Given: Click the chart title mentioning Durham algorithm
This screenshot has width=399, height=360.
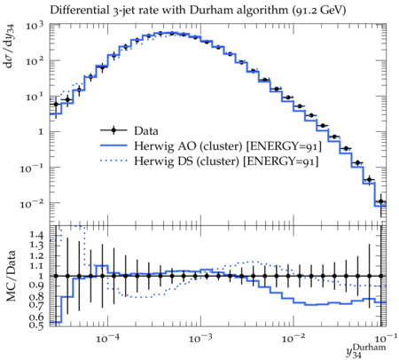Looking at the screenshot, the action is coord(198,11).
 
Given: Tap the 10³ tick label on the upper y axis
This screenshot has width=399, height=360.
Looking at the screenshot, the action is coord(35,26).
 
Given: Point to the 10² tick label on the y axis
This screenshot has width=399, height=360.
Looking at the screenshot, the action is coord(35,61).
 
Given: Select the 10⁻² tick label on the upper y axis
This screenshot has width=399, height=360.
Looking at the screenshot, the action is coord(32,203).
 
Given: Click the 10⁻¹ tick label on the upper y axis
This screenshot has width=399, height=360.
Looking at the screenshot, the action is coord(32,168).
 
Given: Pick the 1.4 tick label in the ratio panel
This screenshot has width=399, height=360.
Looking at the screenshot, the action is coord(36,235).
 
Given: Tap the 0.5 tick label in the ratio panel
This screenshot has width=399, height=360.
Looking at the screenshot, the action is coord(36,325).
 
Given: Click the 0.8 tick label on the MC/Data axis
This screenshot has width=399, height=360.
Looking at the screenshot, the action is coord(36,296).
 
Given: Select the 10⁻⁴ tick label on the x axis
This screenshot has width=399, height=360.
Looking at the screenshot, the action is coord(107,338).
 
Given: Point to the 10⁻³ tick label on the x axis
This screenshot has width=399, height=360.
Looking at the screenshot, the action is coord(200,338).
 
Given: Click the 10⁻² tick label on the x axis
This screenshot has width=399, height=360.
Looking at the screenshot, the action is coord(293,338).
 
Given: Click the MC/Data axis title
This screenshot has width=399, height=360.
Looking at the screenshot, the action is coord(11,276).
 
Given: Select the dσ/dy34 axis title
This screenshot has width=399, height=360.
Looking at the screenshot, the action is coord(10,46).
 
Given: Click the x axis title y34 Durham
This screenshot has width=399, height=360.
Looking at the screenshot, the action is coord(366,350).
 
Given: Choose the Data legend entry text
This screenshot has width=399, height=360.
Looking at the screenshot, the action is coord(146,130).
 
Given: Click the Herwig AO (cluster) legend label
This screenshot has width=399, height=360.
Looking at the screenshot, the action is coord(228,146).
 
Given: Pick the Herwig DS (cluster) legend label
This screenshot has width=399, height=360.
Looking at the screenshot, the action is coord(226,161).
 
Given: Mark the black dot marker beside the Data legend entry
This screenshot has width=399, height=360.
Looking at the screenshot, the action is coord(113,130).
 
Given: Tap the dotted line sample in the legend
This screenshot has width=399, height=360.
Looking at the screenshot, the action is coord(113,160).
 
